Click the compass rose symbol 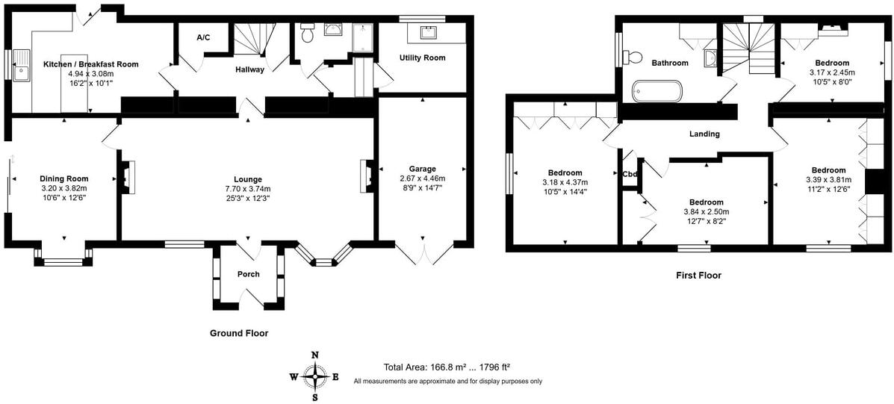314,376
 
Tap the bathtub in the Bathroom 656,90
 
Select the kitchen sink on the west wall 23,66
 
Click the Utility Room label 423,58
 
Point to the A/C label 204,37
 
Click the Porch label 249,274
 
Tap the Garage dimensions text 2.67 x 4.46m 423,178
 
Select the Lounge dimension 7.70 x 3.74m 247,189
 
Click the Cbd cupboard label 630,174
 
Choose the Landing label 705,134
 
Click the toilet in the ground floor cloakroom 307,33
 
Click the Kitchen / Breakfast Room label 91,64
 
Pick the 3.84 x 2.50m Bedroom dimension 707,212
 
